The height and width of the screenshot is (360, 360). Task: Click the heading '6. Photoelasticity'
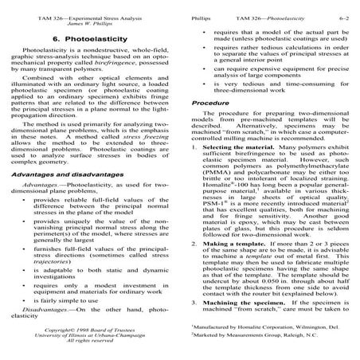90,37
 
